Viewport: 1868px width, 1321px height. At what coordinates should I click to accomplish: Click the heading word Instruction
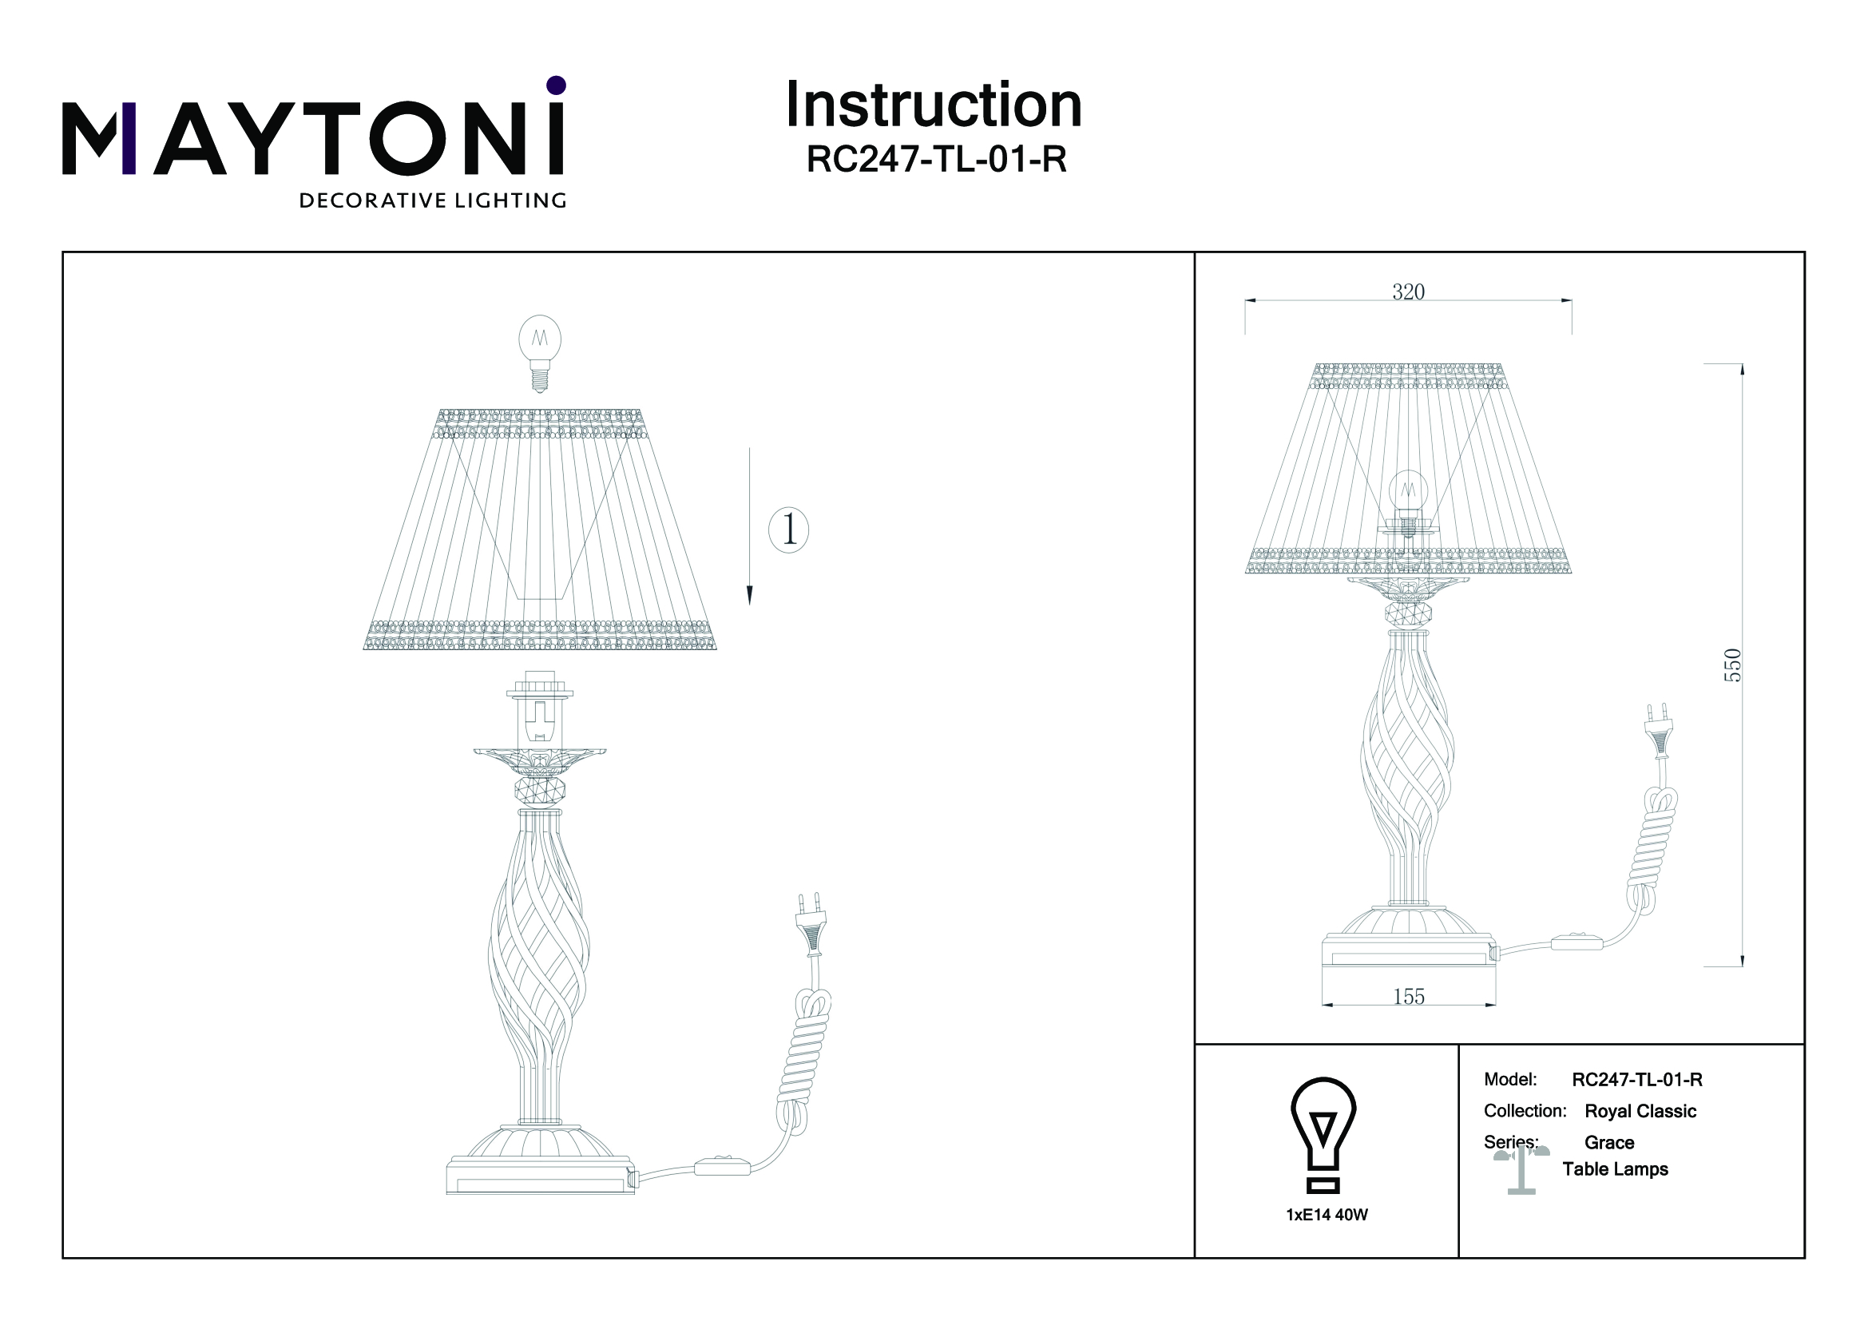tap(933, 105)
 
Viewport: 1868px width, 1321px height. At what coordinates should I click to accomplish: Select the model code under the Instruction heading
tap(936, 160)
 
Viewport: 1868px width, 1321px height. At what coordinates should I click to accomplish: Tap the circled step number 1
tap(788, 530)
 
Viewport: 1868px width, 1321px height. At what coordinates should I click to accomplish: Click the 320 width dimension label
tap(1408, 292)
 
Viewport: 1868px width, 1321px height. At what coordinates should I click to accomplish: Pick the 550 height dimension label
tap(1733, 665)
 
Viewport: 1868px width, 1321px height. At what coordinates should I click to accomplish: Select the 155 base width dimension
tap(1409, 997)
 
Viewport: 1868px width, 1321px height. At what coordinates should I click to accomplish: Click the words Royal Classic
tap(1640, 1111)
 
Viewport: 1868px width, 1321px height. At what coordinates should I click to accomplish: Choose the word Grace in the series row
tap(1609, 1143)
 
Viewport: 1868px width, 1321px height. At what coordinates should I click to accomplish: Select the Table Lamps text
tap(1615, 1170)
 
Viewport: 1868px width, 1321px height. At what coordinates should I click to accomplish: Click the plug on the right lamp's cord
tap(1656, 731)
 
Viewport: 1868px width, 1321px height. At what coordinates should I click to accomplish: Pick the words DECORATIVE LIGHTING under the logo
tap(433, 201)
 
